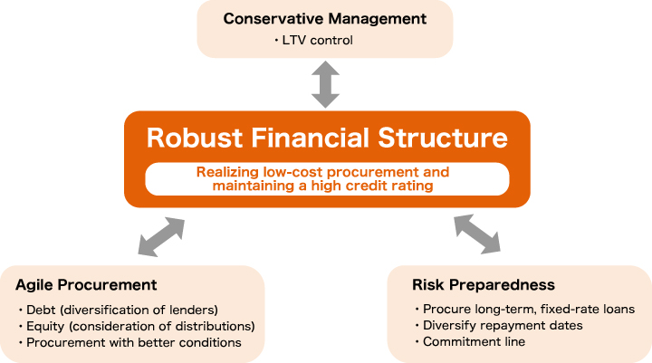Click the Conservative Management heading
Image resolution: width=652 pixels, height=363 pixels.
point(325,19)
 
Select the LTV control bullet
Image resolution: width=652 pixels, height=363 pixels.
point(313,41)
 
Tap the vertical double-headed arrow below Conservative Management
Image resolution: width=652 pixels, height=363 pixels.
point(326,84)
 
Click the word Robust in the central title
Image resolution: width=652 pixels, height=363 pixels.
point(195,138)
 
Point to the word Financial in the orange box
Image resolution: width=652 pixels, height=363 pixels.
point(310,138)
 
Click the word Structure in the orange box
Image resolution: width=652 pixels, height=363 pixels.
point(443,138)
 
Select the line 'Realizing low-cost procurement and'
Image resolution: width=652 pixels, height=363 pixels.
point(322,172)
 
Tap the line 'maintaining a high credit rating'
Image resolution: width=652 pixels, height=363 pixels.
point(322,186)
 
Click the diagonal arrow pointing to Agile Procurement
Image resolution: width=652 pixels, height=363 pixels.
point(161,236)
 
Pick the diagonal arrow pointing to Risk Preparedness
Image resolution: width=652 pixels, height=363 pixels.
point(477,234)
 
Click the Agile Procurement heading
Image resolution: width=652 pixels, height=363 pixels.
point(86,285)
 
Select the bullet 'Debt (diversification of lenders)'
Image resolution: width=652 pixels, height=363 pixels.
point(118,310)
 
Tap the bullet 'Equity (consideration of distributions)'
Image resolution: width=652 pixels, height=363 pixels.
point(137,326)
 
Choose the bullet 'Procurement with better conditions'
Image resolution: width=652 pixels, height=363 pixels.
point(129,342)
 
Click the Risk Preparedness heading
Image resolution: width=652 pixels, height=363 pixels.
point(484,285)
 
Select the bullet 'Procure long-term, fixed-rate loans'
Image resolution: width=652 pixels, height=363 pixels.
point(524,309)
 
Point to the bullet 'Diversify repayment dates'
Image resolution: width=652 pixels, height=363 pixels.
point(499,325)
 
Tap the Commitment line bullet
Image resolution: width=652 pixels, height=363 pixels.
point(470,341)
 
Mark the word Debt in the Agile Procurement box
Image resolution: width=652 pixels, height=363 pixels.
point(41,310)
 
